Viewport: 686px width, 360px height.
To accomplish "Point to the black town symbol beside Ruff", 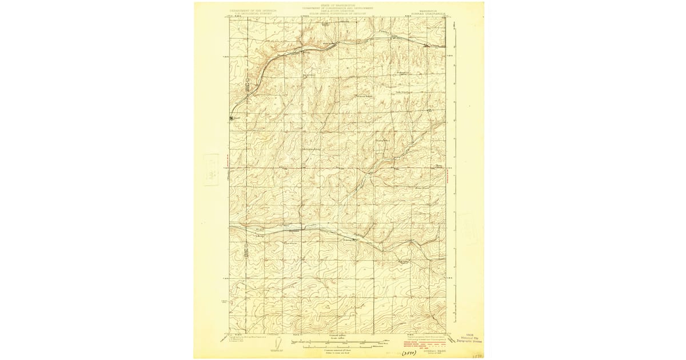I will (232, 118).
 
